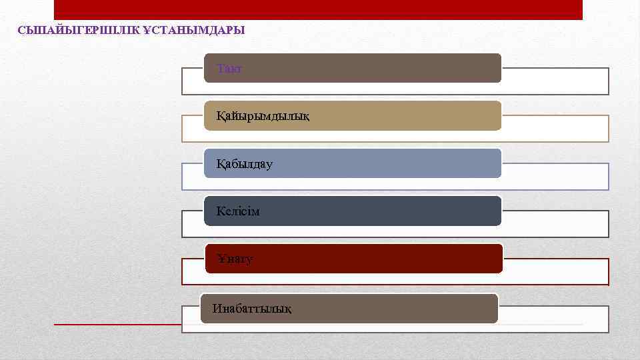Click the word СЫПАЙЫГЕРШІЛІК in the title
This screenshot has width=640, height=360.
click(79, 30)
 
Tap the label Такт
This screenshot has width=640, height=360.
click(229, 69)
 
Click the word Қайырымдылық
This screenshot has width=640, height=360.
click(263, 117)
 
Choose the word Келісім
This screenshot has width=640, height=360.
click(238, 211)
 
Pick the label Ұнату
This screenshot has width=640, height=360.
click(235, 259)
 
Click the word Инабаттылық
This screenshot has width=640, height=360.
click(251, 308)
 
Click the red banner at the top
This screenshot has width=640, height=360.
click(318, 9)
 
